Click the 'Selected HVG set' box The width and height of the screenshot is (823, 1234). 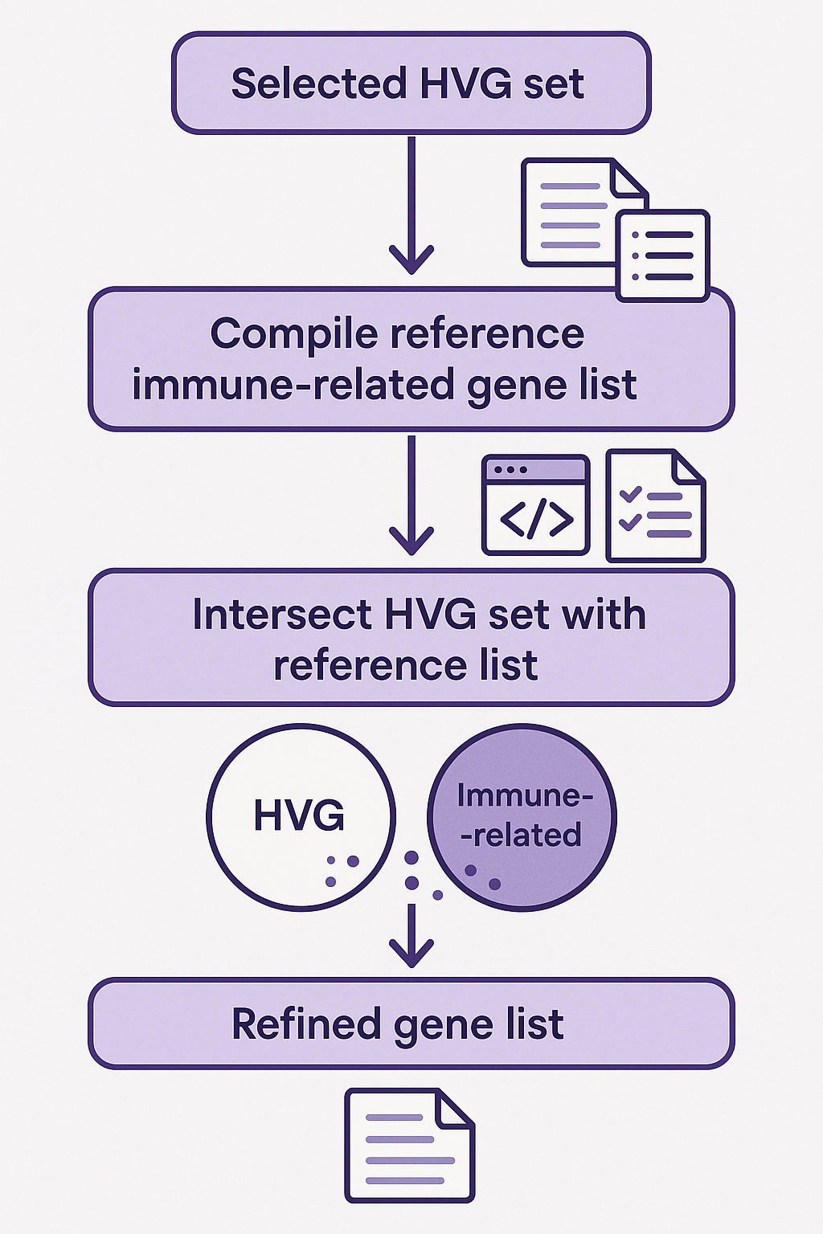point(411,83)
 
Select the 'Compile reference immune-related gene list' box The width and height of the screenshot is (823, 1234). point(411,358)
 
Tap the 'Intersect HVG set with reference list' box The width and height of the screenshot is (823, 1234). point(411,638)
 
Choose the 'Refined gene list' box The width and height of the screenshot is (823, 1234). point(411,1024)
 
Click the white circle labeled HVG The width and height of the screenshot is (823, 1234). point(301,816)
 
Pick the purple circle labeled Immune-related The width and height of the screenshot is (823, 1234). point(522,817)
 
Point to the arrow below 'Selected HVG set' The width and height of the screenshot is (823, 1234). point(411,205)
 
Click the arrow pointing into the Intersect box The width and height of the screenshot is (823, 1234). point(411,495)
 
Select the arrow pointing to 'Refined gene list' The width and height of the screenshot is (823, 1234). point(411,935)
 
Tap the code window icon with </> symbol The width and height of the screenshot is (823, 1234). point(536,505)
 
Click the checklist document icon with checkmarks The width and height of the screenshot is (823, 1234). point(655,505)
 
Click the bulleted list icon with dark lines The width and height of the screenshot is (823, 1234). point(662,255)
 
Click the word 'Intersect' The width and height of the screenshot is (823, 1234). point(281,615)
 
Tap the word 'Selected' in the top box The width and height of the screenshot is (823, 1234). point(317,83)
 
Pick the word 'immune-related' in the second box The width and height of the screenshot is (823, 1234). point(294,385)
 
